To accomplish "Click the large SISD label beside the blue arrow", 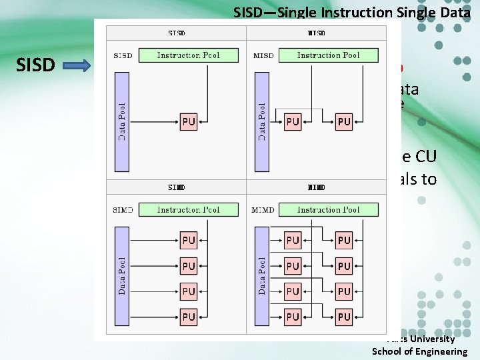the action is [x=35, y=65].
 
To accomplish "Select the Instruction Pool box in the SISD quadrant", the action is [x=188, y=55].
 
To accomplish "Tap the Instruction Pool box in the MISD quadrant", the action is [x=328, y=55].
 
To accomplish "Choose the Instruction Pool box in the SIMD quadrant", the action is [x=188, y=210].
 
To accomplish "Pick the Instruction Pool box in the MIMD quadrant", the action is [x=328, y=210].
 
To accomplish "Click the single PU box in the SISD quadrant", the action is [x=189, y=122].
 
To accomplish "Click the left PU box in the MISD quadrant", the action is [x=293, y=122].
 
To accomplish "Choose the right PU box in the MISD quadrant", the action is [x=344, y=122].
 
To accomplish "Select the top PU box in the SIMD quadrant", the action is [x=189, y=240].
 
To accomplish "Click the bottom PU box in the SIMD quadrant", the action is [x=189, y=317].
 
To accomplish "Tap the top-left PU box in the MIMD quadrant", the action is [x=293, y=240].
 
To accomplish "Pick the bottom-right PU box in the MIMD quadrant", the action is [x=344, y=317].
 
